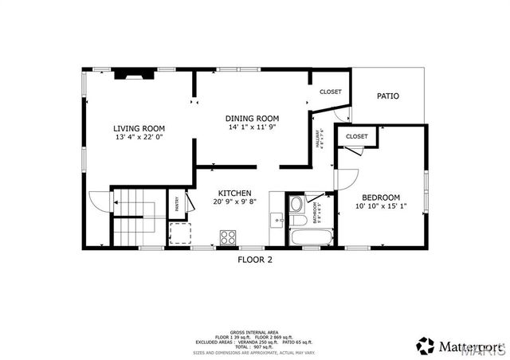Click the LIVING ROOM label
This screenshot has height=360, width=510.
point(139,128)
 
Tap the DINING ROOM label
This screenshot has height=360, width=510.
point(251,117)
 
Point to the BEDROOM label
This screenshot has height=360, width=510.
point(381,198)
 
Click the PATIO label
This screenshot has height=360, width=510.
point(388,96)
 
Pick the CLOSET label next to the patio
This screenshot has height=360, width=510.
point(331,92)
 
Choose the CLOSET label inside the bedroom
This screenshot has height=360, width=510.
point(357,136)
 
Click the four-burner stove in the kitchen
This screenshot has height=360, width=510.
point(228,236)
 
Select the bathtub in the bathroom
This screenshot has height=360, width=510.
point(310,237)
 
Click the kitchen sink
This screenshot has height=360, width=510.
point(277,218)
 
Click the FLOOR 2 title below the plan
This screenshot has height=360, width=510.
point(255,259)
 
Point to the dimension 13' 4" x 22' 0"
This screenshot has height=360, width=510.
point(139,137)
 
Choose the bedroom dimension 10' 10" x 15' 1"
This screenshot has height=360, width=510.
point(381,206)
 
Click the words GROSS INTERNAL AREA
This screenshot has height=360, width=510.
point(255,331)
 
